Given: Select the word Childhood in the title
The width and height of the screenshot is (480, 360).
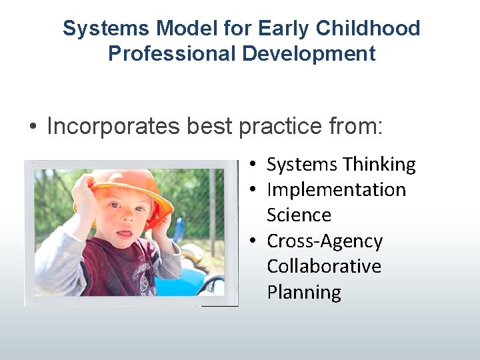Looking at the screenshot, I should [368, 29].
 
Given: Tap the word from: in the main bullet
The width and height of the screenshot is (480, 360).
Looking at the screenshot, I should [359, 127].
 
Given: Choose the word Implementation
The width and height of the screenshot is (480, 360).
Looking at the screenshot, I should [336, 190].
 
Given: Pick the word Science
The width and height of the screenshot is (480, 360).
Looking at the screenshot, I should [299, 215].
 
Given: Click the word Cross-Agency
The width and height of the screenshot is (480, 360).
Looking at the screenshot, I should [325, 241].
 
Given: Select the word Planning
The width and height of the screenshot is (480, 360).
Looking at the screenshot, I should [304, 293].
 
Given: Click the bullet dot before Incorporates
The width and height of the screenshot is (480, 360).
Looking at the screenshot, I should [32, 127].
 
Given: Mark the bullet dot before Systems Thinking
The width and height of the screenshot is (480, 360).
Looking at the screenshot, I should [256, 165].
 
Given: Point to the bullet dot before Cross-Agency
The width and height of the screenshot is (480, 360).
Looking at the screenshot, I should [256, 241].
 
